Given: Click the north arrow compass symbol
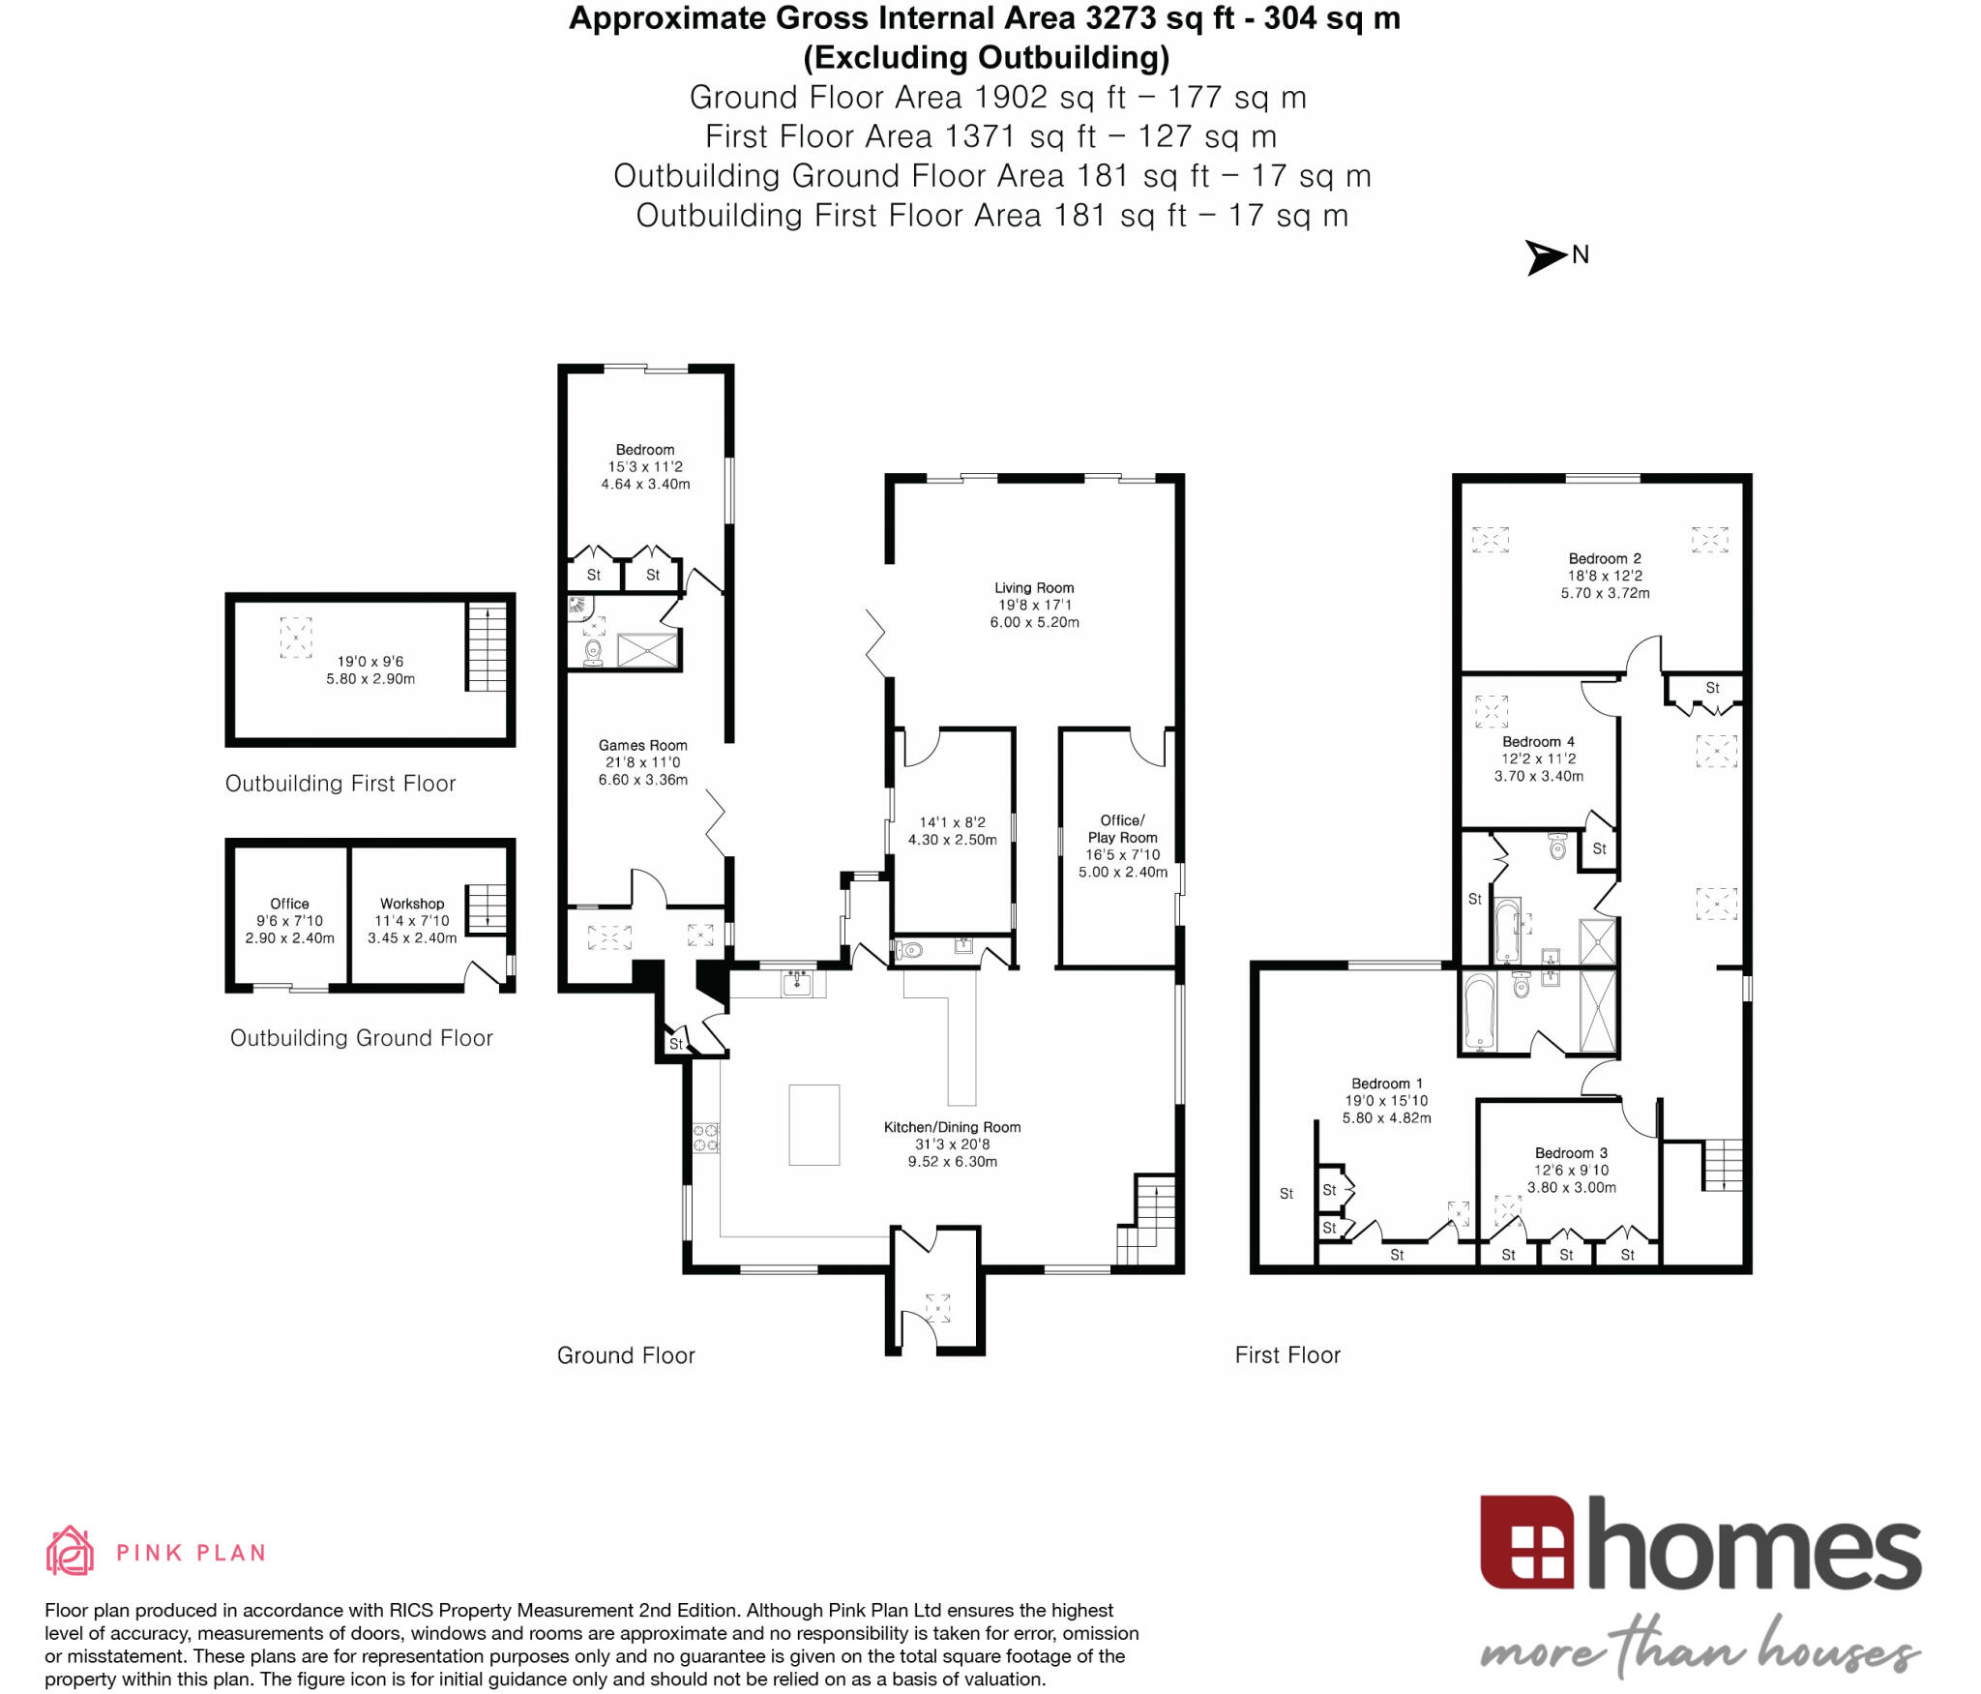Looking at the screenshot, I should click(1546, 256).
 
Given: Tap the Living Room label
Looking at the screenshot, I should click(1033, 587).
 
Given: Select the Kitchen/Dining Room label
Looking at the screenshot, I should click(952, 1127).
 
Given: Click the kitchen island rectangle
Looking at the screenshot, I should click(813, 1124).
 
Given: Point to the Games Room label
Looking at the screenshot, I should click(642, 745).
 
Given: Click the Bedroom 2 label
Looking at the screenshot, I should click(1604, 558).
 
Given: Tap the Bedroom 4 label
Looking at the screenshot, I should click(1538, 741).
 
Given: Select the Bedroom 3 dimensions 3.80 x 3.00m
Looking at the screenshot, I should click(1571, 1187).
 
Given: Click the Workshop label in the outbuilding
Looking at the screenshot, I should click(412, 903).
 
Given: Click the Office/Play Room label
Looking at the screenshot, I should click(1122, 828).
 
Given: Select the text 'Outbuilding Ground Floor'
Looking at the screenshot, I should click(361, 1038).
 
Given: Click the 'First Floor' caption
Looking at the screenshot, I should click(1287, 1355).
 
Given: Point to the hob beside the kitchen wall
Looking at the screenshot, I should click(705, 1138).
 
